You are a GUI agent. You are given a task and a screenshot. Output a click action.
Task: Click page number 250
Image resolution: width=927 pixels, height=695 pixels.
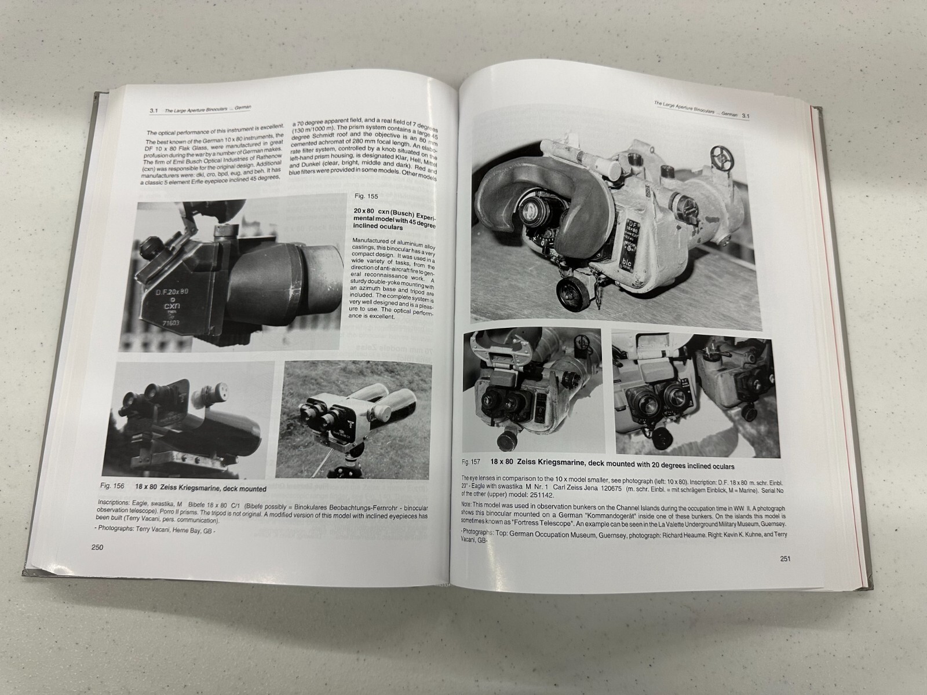93,547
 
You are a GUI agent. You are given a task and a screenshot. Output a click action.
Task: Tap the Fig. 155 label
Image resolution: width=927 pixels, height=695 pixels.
364,196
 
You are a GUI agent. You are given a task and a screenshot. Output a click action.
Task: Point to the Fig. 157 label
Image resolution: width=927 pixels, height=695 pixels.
470,462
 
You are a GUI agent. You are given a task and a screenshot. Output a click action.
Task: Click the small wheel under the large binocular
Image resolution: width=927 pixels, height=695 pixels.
571,291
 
